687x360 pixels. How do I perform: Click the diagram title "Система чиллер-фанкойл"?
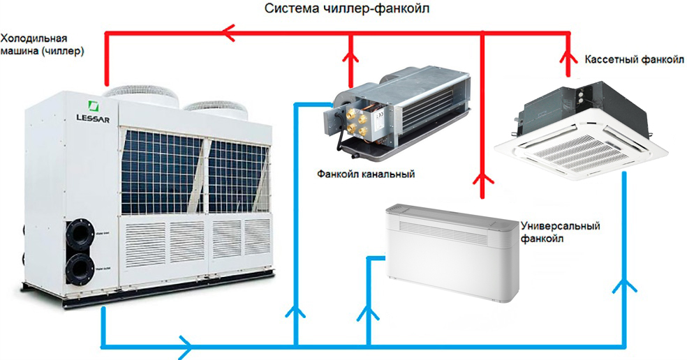[x=344, y=10]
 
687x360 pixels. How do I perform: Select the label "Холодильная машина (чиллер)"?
[x=43, y=44]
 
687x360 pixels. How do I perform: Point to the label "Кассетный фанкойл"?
[x=635, y=61]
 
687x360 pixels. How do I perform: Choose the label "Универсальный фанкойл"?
[x=561, y=232]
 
